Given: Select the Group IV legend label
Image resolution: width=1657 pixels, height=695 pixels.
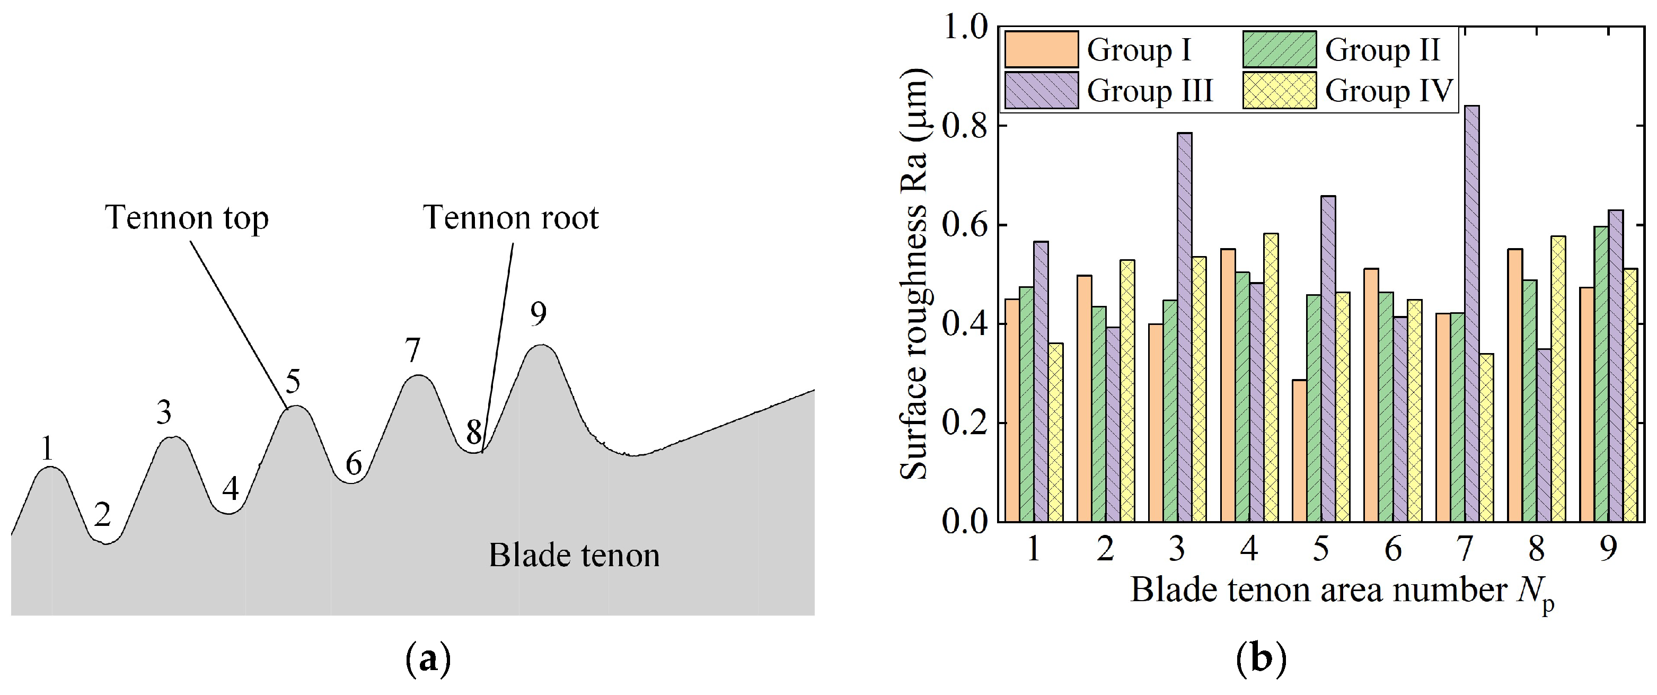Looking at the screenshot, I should click(1389, 90).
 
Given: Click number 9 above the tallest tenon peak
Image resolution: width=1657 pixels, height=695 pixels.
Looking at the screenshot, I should click(539, 313).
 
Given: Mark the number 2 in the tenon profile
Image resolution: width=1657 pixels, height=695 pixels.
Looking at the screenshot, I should click(102, 514).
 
